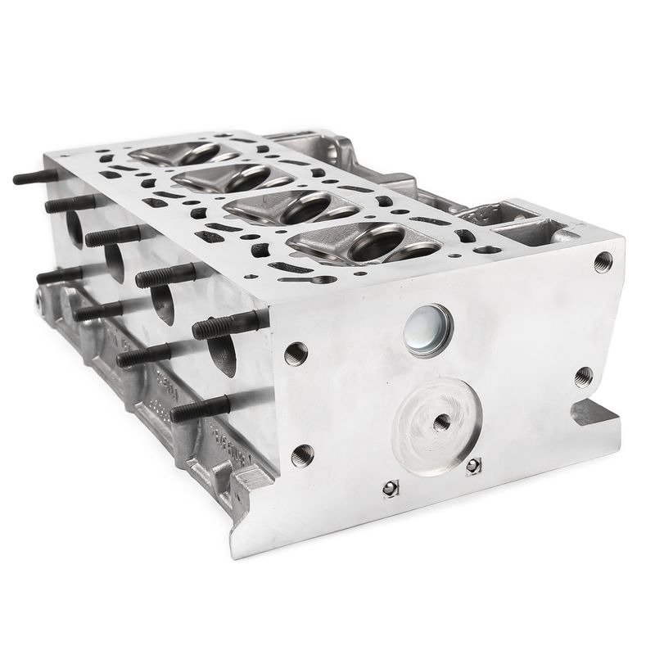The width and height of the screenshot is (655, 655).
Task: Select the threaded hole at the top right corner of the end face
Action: [603, 260]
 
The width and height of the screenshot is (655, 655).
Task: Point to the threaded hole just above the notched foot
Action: [583, 377]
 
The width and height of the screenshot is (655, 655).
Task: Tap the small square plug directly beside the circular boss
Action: [472, 465]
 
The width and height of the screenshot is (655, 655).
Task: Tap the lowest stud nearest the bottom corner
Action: [201, 407]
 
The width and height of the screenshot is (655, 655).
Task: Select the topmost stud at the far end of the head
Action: [34, 176]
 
